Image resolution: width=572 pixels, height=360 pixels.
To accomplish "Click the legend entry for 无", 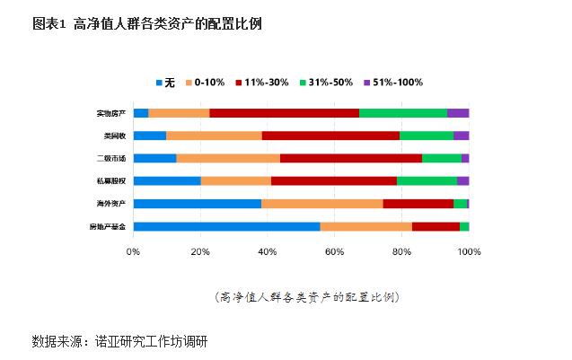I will pyautogui.click(x=164, y=83).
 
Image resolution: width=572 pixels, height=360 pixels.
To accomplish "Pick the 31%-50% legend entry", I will pyautogui.click(x=326, y=83).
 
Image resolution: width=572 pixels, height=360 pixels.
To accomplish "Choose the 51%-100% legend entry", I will pyautogui.click(x=393, y=83).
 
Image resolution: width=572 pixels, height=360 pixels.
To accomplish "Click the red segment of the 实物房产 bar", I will pyautogui.click(x=284, y=113).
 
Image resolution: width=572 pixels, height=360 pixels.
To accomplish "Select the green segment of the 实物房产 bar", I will pyautogui.click(x=403, y=113).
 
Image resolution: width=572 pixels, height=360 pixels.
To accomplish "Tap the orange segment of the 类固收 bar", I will pyautogui.click(x=214, y=136).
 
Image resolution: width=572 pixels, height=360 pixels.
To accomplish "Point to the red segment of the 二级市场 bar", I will pyautogui.click(x=351, y=158).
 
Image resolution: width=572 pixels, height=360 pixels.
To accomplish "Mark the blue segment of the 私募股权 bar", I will pyautogui.click(x=167, y=180).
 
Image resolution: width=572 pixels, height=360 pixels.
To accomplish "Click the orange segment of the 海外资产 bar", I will pyautogui.click(x=322, y=203).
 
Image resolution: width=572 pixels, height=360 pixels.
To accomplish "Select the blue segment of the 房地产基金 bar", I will pyautogui.click(x=226, y=225).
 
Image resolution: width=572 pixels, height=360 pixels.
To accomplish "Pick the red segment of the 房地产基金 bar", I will pyautogui.click(x=436, y=225).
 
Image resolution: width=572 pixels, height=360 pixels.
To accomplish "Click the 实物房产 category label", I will pyautogui.click(x=111, y=113).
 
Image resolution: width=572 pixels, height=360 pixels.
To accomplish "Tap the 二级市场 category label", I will pyautogui.click(x=111, y=158).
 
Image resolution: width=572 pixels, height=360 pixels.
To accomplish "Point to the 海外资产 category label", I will pyautogui.click(x=111, y=203).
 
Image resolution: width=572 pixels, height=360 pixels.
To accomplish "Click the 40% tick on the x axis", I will pyautogui.click(x=268, y=252).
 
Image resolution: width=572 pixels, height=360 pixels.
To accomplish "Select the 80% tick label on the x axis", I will pyautogui.click(x=401, y=252).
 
